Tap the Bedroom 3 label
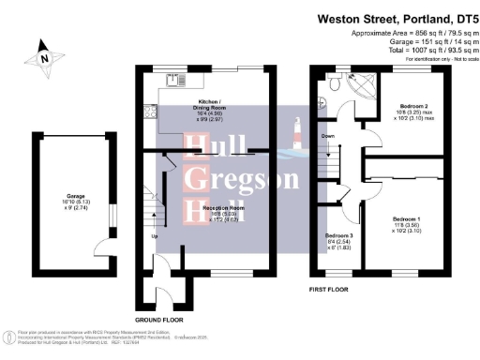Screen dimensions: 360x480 (338, 240)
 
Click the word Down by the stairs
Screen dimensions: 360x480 (327, 136)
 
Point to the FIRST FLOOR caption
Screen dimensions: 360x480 (330, 289)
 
